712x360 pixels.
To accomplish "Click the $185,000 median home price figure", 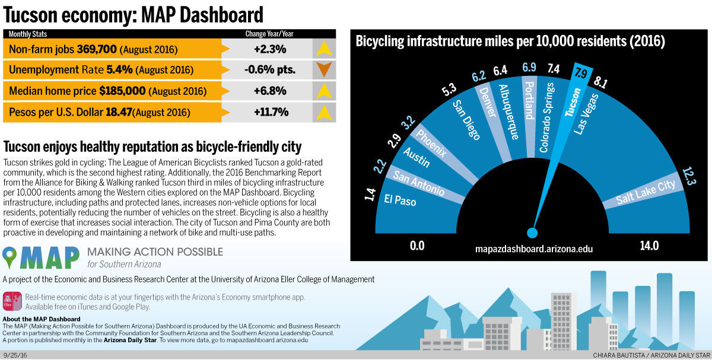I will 122,91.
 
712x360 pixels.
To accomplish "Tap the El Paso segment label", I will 401,200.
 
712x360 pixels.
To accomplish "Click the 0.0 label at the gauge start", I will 417,246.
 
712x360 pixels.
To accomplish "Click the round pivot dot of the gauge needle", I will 532,232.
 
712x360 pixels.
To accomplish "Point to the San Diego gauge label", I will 466,119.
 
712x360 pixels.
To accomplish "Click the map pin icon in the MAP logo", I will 10,258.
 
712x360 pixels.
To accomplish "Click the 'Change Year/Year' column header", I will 269,34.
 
